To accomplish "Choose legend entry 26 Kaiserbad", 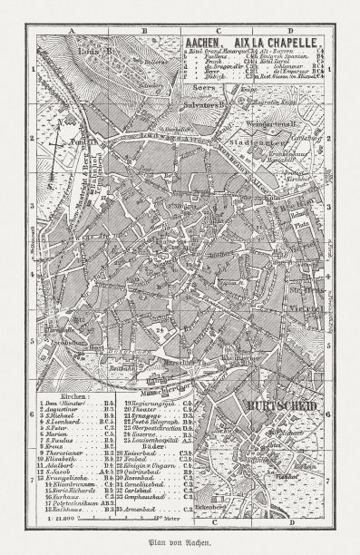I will pos(152,447).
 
